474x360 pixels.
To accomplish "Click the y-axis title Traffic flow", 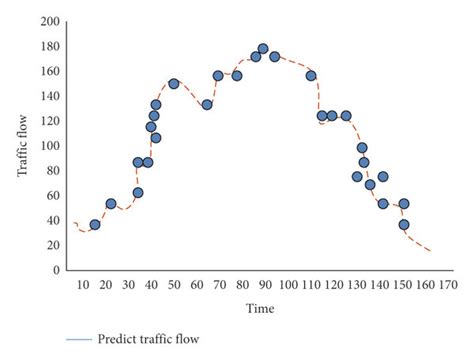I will point(22,146).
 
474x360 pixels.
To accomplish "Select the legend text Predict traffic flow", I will point(148,339).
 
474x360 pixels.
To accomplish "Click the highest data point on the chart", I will point(263,49).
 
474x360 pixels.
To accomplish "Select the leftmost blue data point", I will point(95,225).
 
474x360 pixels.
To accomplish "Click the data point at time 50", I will point(174,84).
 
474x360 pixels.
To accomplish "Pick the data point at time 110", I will point(311,76).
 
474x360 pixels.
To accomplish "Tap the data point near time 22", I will point(111,204).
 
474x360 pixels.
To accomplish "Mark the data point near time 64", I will point(207,105).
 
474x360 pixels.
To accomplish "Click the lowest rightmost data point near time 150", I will point(404,225).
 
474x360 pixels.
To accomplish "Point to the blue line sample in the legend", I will point(80,340).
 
